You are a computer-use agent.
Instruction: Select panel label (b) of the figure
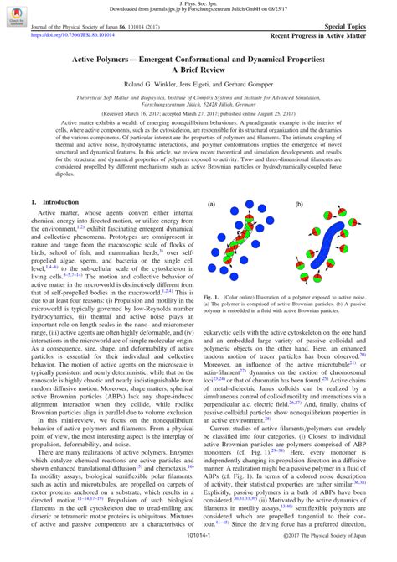[x=299, y=204]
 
